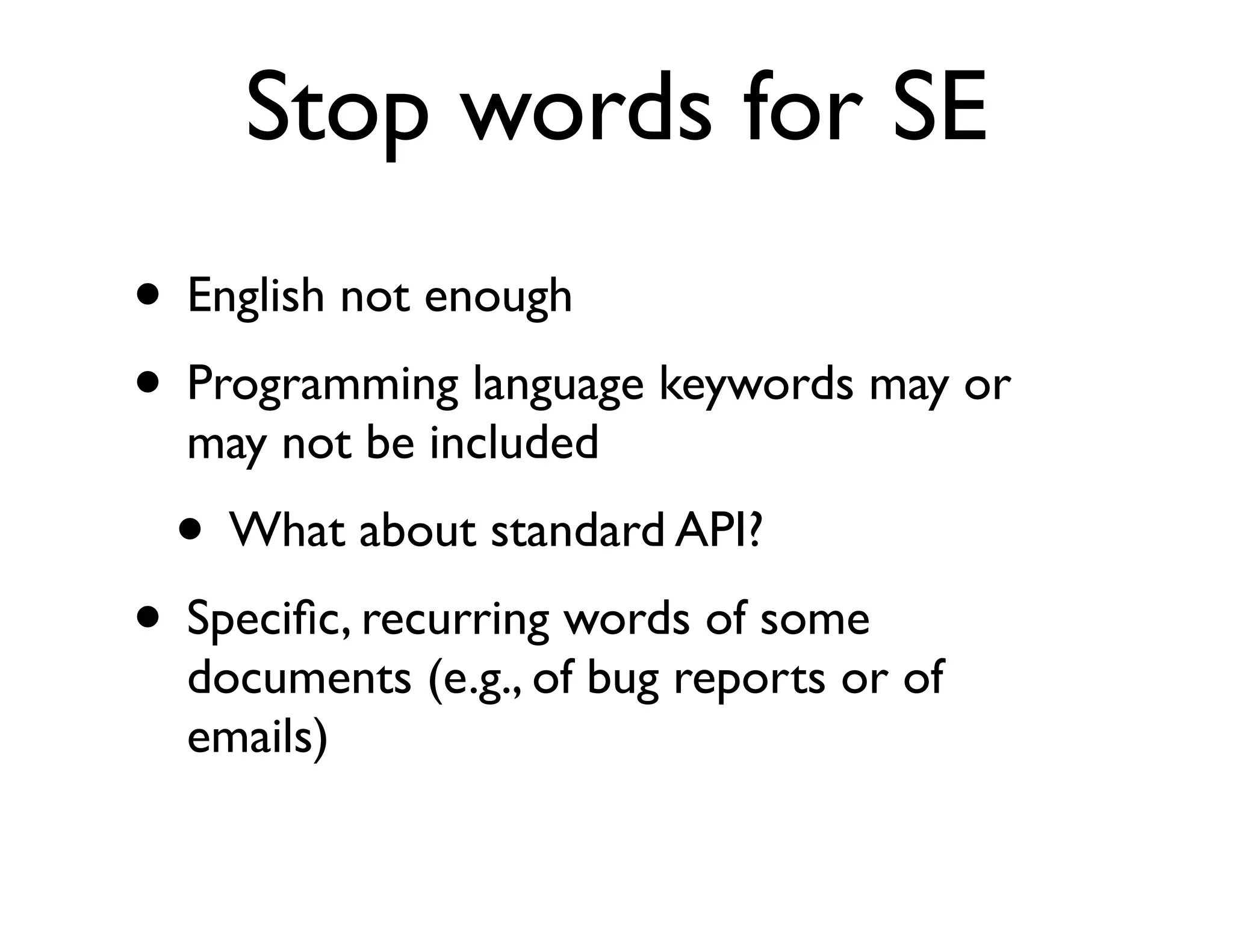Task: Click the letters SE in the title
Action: tap(939, 108)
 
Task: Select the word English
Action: tap(256, 296)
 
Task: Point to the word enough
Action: tap(498, 296)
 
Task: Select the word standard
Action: tap(577, 531)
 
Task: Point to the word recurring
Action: tap(455, 620)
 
